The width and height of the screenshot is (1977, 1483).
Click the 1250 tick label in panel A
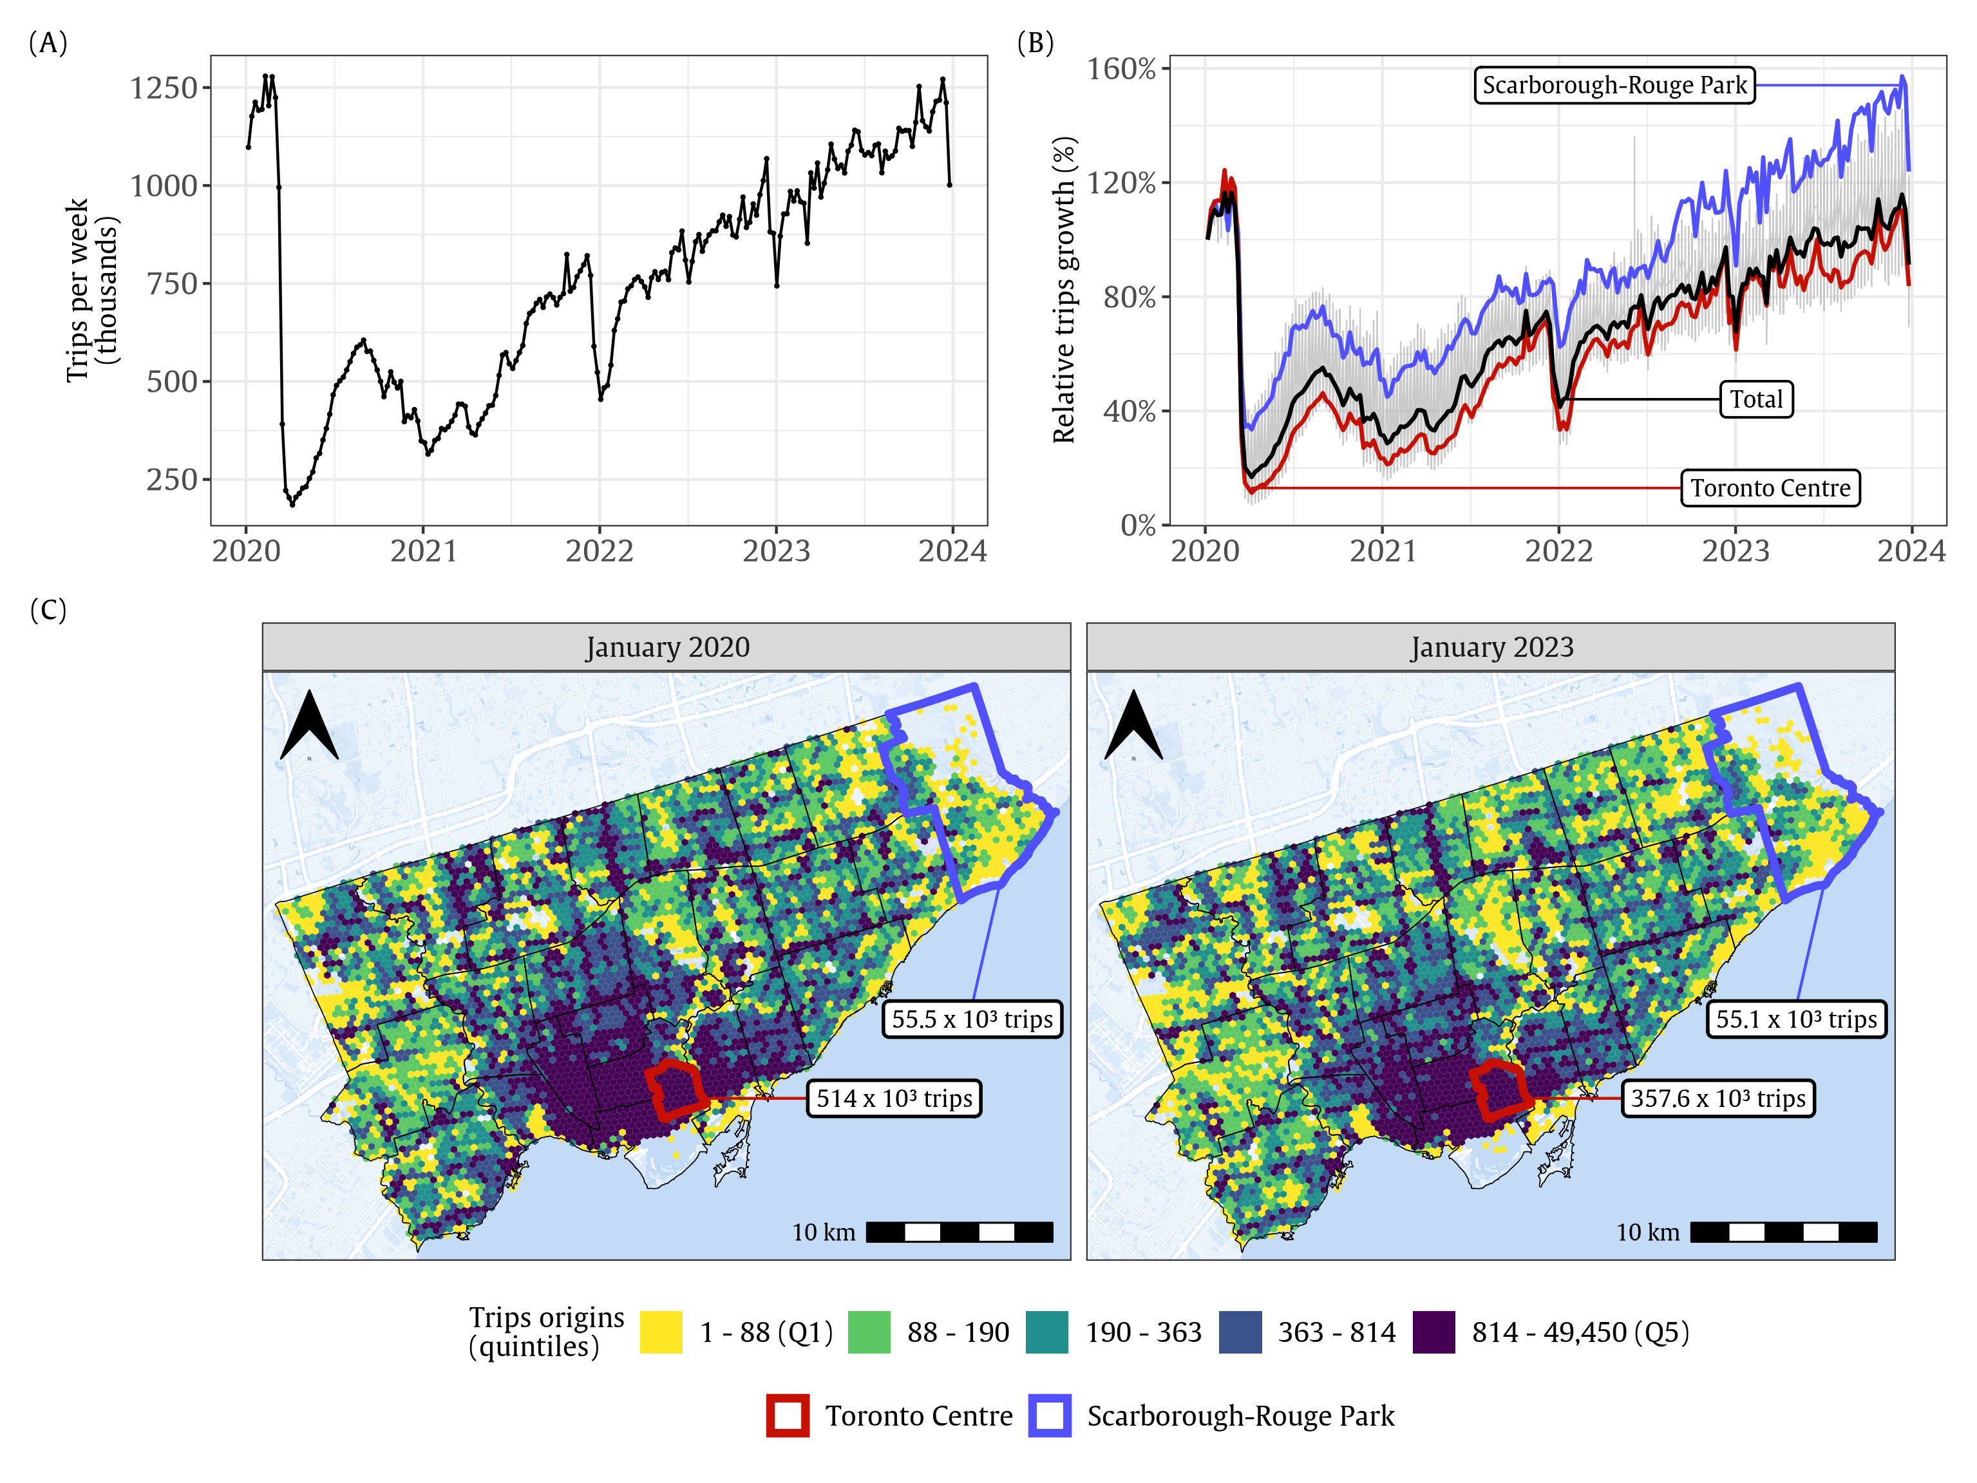(163, 88)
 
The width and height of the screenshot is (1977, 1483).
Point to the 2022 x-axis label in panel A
(599, 551)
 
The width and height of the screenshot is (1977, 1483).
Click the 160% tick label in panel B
(1121, 69)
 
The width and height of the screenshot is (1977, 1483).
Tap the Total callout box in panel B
(1755, 400)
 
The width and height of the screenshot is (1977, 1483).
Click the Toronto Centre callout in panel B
(1770, 488)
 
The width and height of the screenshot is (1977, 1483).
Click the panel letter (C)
(48, 610)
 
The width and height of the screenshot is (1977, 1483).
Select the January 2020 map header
(667, 647)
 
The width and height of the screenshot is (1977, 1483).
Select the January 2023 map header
(1491, 647)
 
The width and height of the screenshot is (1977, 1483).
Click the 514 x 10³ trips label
(894, 1099)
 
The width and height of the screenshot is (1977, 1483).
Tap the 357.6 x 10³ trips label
(1718, 1099)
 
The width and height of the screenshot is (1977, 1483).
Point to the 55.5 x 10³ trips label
(972, 1019)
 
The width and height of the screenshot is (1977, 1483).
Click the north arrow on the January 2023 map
(1133, 725)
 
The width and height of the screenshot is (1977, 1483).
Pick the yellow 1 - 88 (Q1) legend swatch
(661, 1332)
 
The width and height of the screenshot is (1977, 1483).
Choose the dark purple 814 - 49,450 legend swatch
(1433, 1332)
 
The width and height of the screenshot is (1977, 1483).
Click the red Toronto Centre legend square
(788, 1416)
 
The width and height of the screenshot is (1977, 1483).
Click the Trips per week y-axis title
(92, 290)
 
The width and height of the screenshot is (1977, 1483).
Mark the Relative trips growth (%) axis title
(1064, 290)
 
